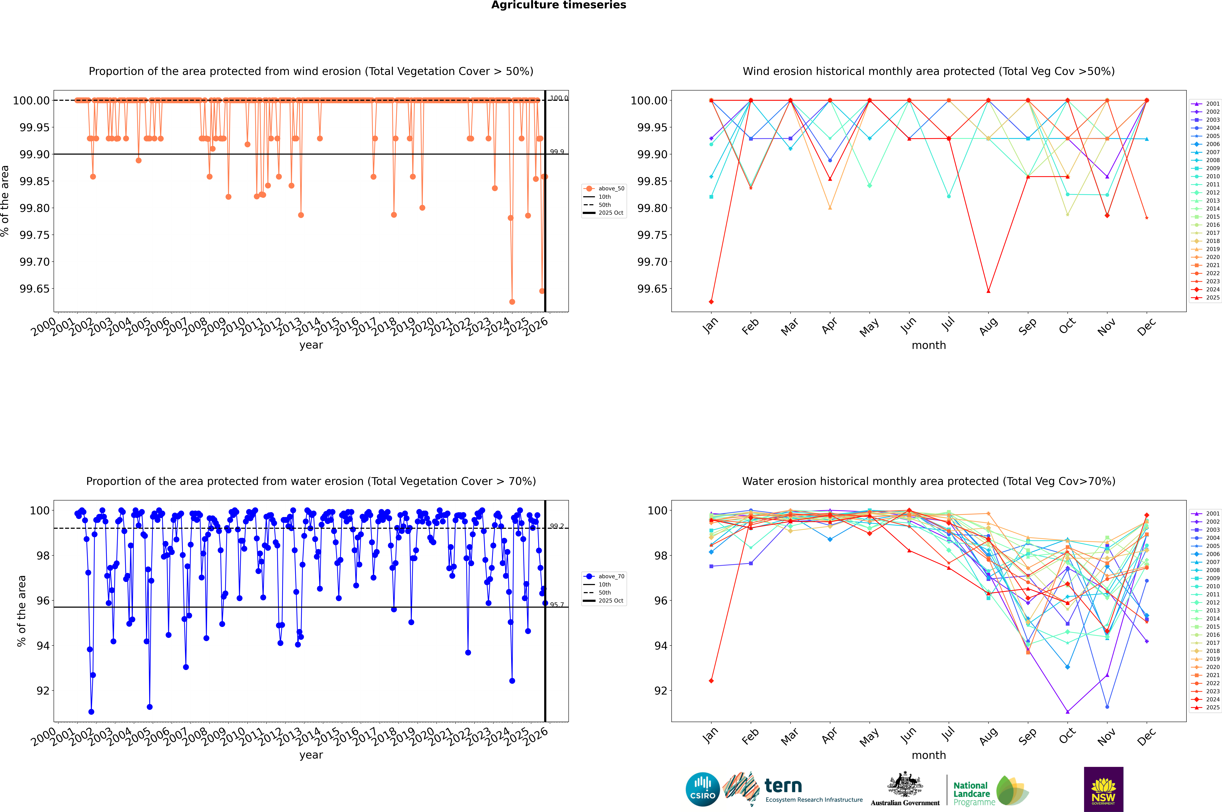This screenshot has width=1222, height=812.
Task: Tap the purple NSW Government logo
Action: coord(1103,789)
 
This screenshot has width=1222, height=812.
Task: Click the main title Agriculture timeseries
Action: coord(558,5)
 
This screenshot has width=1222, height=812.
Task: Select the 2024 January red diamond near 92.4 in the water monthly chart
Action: coord(711,681)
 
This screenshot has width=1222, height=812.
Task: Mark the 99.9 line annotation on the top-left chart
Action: coord(557,152)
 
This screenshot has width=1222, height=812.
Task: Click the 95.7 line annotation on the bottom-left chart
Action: coord(557,605)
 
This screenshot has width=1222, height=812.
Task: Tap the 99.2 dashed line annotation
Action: coord(557,526)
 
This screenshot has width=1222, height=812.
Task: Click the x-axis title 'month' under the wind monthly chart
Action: coord(928,345)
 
